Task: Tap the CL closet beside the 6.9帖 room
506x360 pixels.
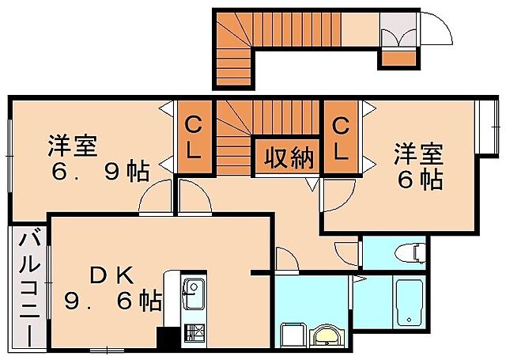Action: [192, 136]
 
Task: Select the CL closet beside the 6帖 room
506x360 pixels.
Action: [340, 136]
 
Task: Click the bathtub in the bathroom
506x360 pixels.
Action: [409, 302]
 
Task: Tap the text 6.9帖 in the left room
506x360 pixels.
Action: [96, 172]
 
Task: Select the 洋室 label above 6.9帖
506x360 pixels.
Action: [73, 146]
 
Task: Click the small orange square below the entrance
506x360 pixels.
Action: [397, 57]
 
